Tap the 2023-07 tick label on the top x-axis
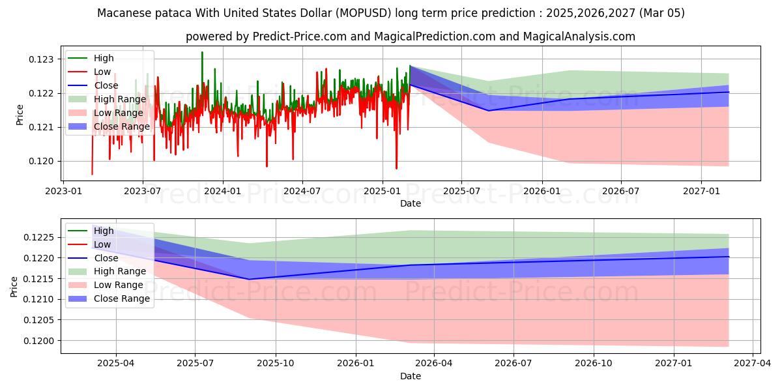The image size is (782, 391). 143,191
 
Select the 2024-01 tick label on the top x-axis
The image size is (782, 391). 223,191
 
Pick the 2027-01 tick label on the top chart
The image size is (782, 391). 701,191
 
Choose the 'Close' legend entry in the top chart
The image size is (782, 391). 106,85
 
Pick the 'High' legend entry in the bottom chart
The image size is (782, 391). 104,231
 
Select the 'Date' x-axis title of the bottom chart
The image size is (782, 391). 411,376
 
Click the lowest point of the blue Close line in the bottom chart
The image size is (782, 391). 248,280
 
